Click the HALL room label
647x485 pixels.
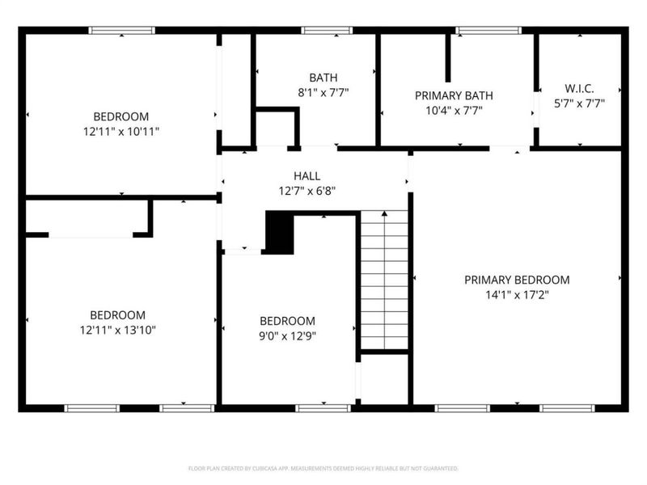pos(307,175)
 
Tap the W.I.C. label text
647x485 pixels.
pos(578,87)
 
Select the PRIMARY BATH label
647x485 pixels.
pos(454,95)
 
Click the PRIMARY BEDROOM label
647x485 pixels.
pos(517,280)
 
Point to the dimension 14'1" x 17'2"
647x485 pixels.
pos(517,295)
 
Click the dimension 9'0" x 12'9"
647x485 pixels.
pos(287,335)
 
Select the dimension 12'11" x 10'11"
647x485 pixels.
pos(121,131)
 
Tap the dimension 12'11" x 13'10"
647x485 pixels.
pos(117,330)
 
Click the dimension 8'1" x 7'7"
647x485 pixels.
pos(323,92)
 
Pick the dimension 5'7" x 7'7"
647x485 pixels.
pos(578,103)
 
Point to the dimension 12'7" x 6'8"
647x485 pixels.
pos(307,191)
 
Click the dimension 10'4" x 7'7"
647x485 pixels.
pos(454,111)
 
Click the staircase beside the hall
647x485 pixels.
pos(384,279)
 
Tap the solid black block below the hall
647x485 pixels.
pos(279,234)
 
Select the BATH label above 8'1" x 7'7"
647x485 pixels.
pos(323,78)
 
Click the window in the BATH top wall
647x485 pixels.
pos(327,31)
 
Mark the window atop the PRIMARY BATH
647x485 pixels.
pos(488,31)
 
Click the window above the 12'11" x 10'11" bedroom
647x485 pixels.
pos(121,31)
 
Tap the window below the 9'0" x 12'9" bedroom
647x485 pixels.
pos(323,408)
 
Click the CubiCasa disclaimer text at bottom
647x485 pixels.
pos(323,468)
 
